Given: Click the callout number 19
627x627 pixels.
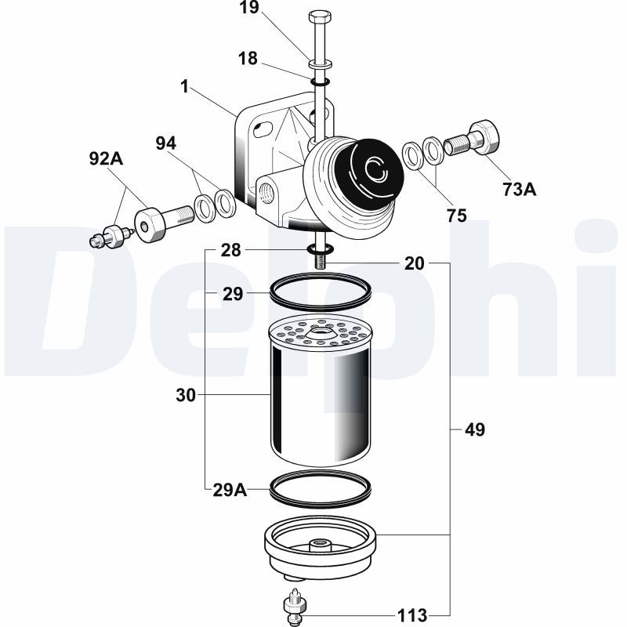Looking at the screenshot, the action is [x=249, y=8].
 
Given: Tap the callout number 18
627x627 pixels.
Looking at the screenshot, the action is [x=248, y=58].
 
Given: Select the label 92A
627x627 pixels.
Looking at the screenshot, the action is [x=106, y=159].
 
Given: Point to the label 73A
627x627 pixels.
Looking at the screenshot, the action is [x=520, y=189].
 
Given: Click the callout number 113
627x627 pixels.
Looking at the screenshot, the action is [x=413, y=615].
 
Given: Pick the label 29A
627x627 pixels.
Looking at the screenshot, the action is [x=230, y=490].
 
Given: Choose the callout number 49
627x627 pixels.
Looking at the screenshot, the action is [x=475, y=429].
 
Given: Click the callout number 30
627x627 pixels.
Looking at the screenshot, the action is [x=186, y=395].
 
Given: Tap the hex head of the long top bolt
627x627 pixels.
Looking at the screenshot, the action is [x=320, y=17].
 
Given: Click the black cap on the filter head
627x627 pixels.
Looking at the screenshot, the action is [x=368, y=168].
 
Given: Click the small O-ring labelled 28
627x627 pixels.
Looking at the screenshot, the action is [x=320, y=250].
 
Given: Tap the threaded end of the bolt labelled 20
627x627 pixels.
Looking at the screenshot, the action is [x=321, y=263].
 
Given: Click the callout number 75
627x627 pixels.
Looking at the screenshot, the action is [x=457, y=216].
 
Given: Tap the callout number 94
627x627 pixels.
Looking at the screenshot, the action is [x=166, y=143].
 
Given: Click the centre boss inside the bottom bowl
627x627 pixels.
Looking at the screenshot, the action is [x=319, y=545].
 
